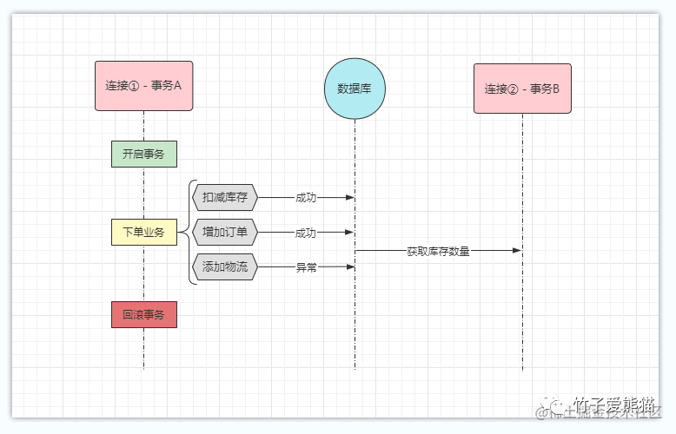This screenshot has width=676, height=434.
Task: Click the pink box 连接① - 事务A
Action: (143, 86)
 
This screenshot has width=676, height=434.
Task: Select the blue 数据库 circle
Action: (355, 89)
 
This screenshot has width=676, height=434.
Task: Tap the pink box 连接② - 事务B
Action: (522, 89)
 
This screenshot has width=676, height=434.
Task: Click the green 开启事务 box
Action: (143, 154)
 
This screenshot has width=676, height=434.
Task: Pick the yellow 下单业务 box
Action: (143, 232)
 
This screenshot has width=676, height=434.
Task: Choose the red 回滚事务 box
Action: (143, 314)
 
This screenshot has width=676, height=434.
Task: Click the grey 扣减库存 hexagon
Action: (225, 197)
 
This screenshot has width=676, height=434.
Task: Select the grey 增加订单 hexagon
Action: (225, 233)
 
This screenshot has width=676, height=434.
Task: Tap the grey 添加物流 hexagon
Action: (225, 267)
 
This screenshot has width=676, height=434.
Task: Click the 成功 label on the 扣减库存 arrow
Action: (306, 198)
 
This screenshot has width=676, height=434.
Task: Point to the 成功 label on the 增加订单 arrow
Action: (306, 233)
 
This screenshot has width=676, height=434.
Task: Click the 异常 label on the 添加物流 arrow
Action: (306, 268)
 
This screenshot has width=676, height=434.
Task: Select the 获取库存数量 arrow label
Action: (438, 251)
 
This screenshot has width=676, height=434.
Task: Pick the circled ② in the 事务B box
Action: (514, 89)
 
